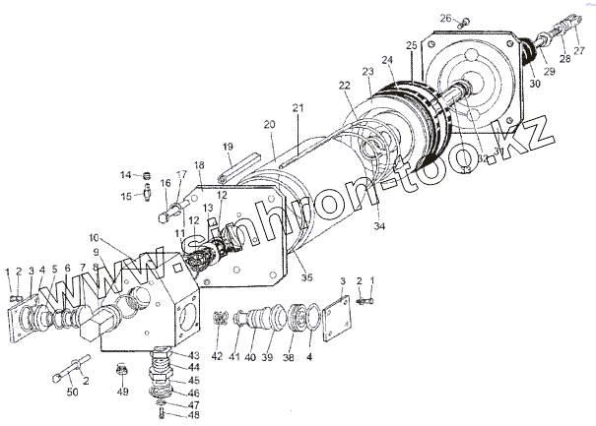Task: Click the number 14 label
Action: [x=126, y=175]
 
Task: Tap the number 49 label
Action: [x=122, y=392]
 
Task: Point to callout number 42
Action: [x=218, y=356]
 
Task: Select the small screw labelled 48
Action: [x=161, y=412]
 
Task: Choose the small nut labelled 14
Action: [x=145, y=176]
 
